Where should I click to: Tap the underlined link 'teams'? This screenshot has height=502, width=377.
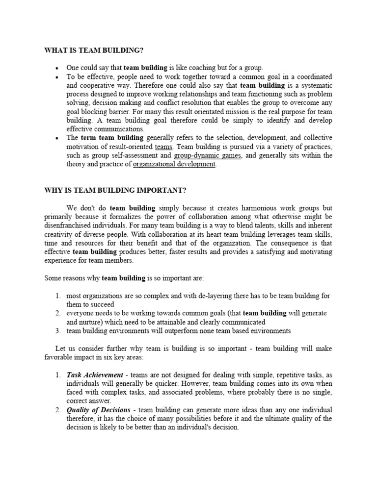(163, 147)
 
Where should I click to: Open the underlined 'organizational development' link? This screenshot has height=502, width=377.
(174, 164)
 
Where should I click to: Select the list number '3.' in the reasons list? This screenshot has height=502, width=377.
(57, 331)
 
